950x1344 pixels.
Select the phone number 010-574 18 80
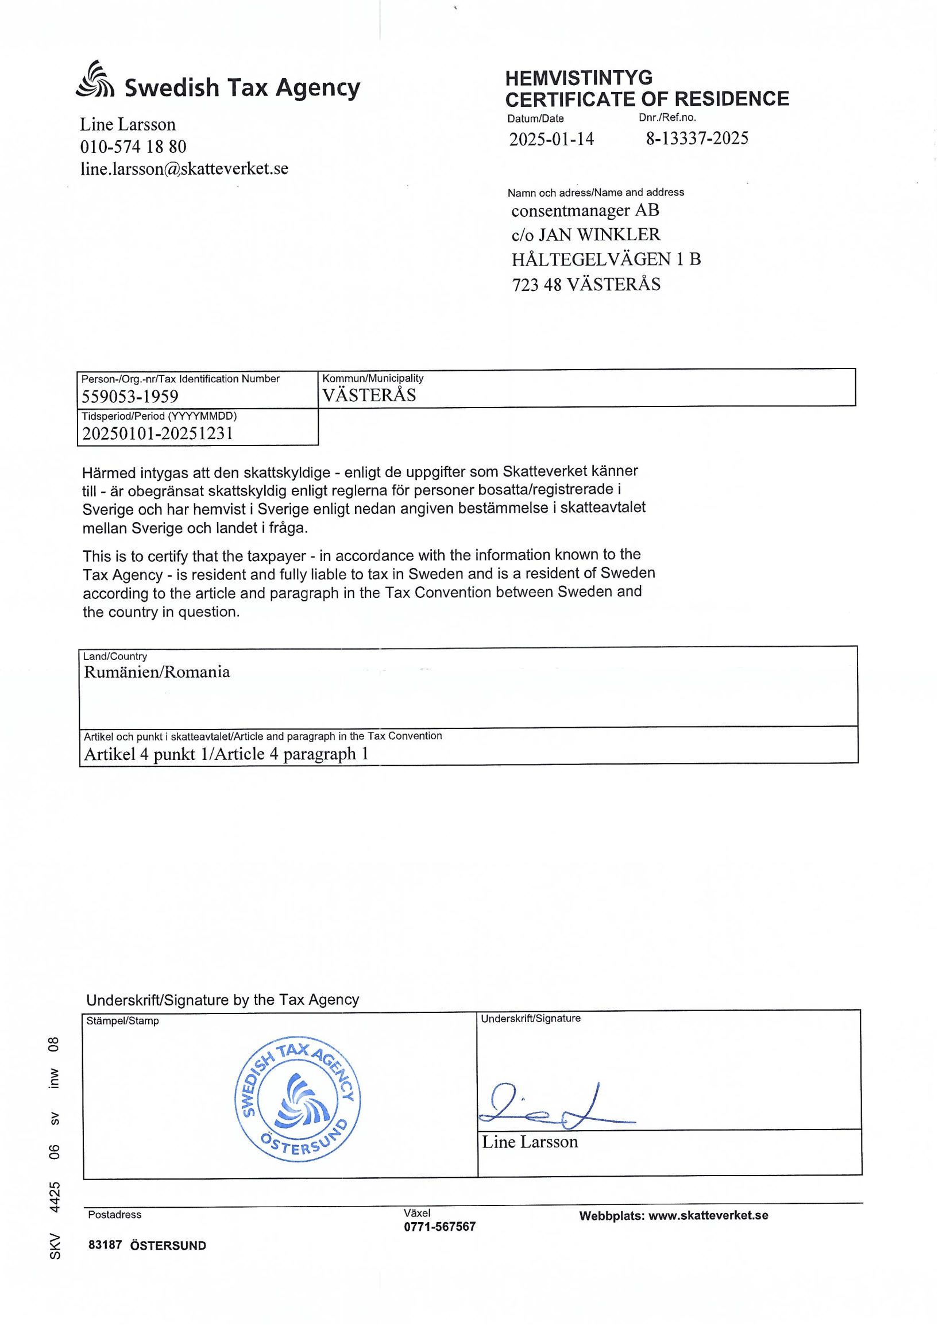coord(133,147)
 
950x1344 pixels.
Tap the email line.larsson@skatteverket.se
coord(184,168)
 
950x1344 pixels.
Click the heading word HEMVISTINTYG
coord(578,78)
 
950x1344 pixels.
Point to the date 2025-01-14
coord(551,139)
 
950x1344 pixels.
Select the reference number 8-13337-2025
coord(697,139)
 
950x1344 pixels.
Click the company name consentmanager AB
coord(585,210)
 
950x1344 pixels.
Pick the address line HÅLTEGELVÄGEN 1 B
coord(606,259)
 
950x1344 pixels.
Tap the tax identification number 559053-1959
coord(130,397)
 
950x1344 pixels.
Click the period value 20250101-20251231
coord(157,434)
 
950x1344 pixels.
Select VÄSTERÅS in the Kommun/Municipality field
coord(369,395)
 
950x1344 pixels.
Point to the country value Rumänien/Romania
coord(157,672)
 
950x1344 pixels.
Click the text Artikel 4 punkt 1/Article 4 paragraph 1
coord(226,754)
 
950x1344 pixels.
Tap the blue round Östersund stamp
coord(297,1100)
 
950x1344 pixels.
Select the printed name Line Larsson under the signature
coord(530,1142)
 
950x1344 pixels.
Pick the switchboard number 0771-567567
coord(439,1226)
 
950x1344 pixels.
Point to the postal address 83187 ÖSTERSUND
coord(147,1246)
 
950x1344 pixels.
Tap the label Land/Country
coord(115,657)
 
